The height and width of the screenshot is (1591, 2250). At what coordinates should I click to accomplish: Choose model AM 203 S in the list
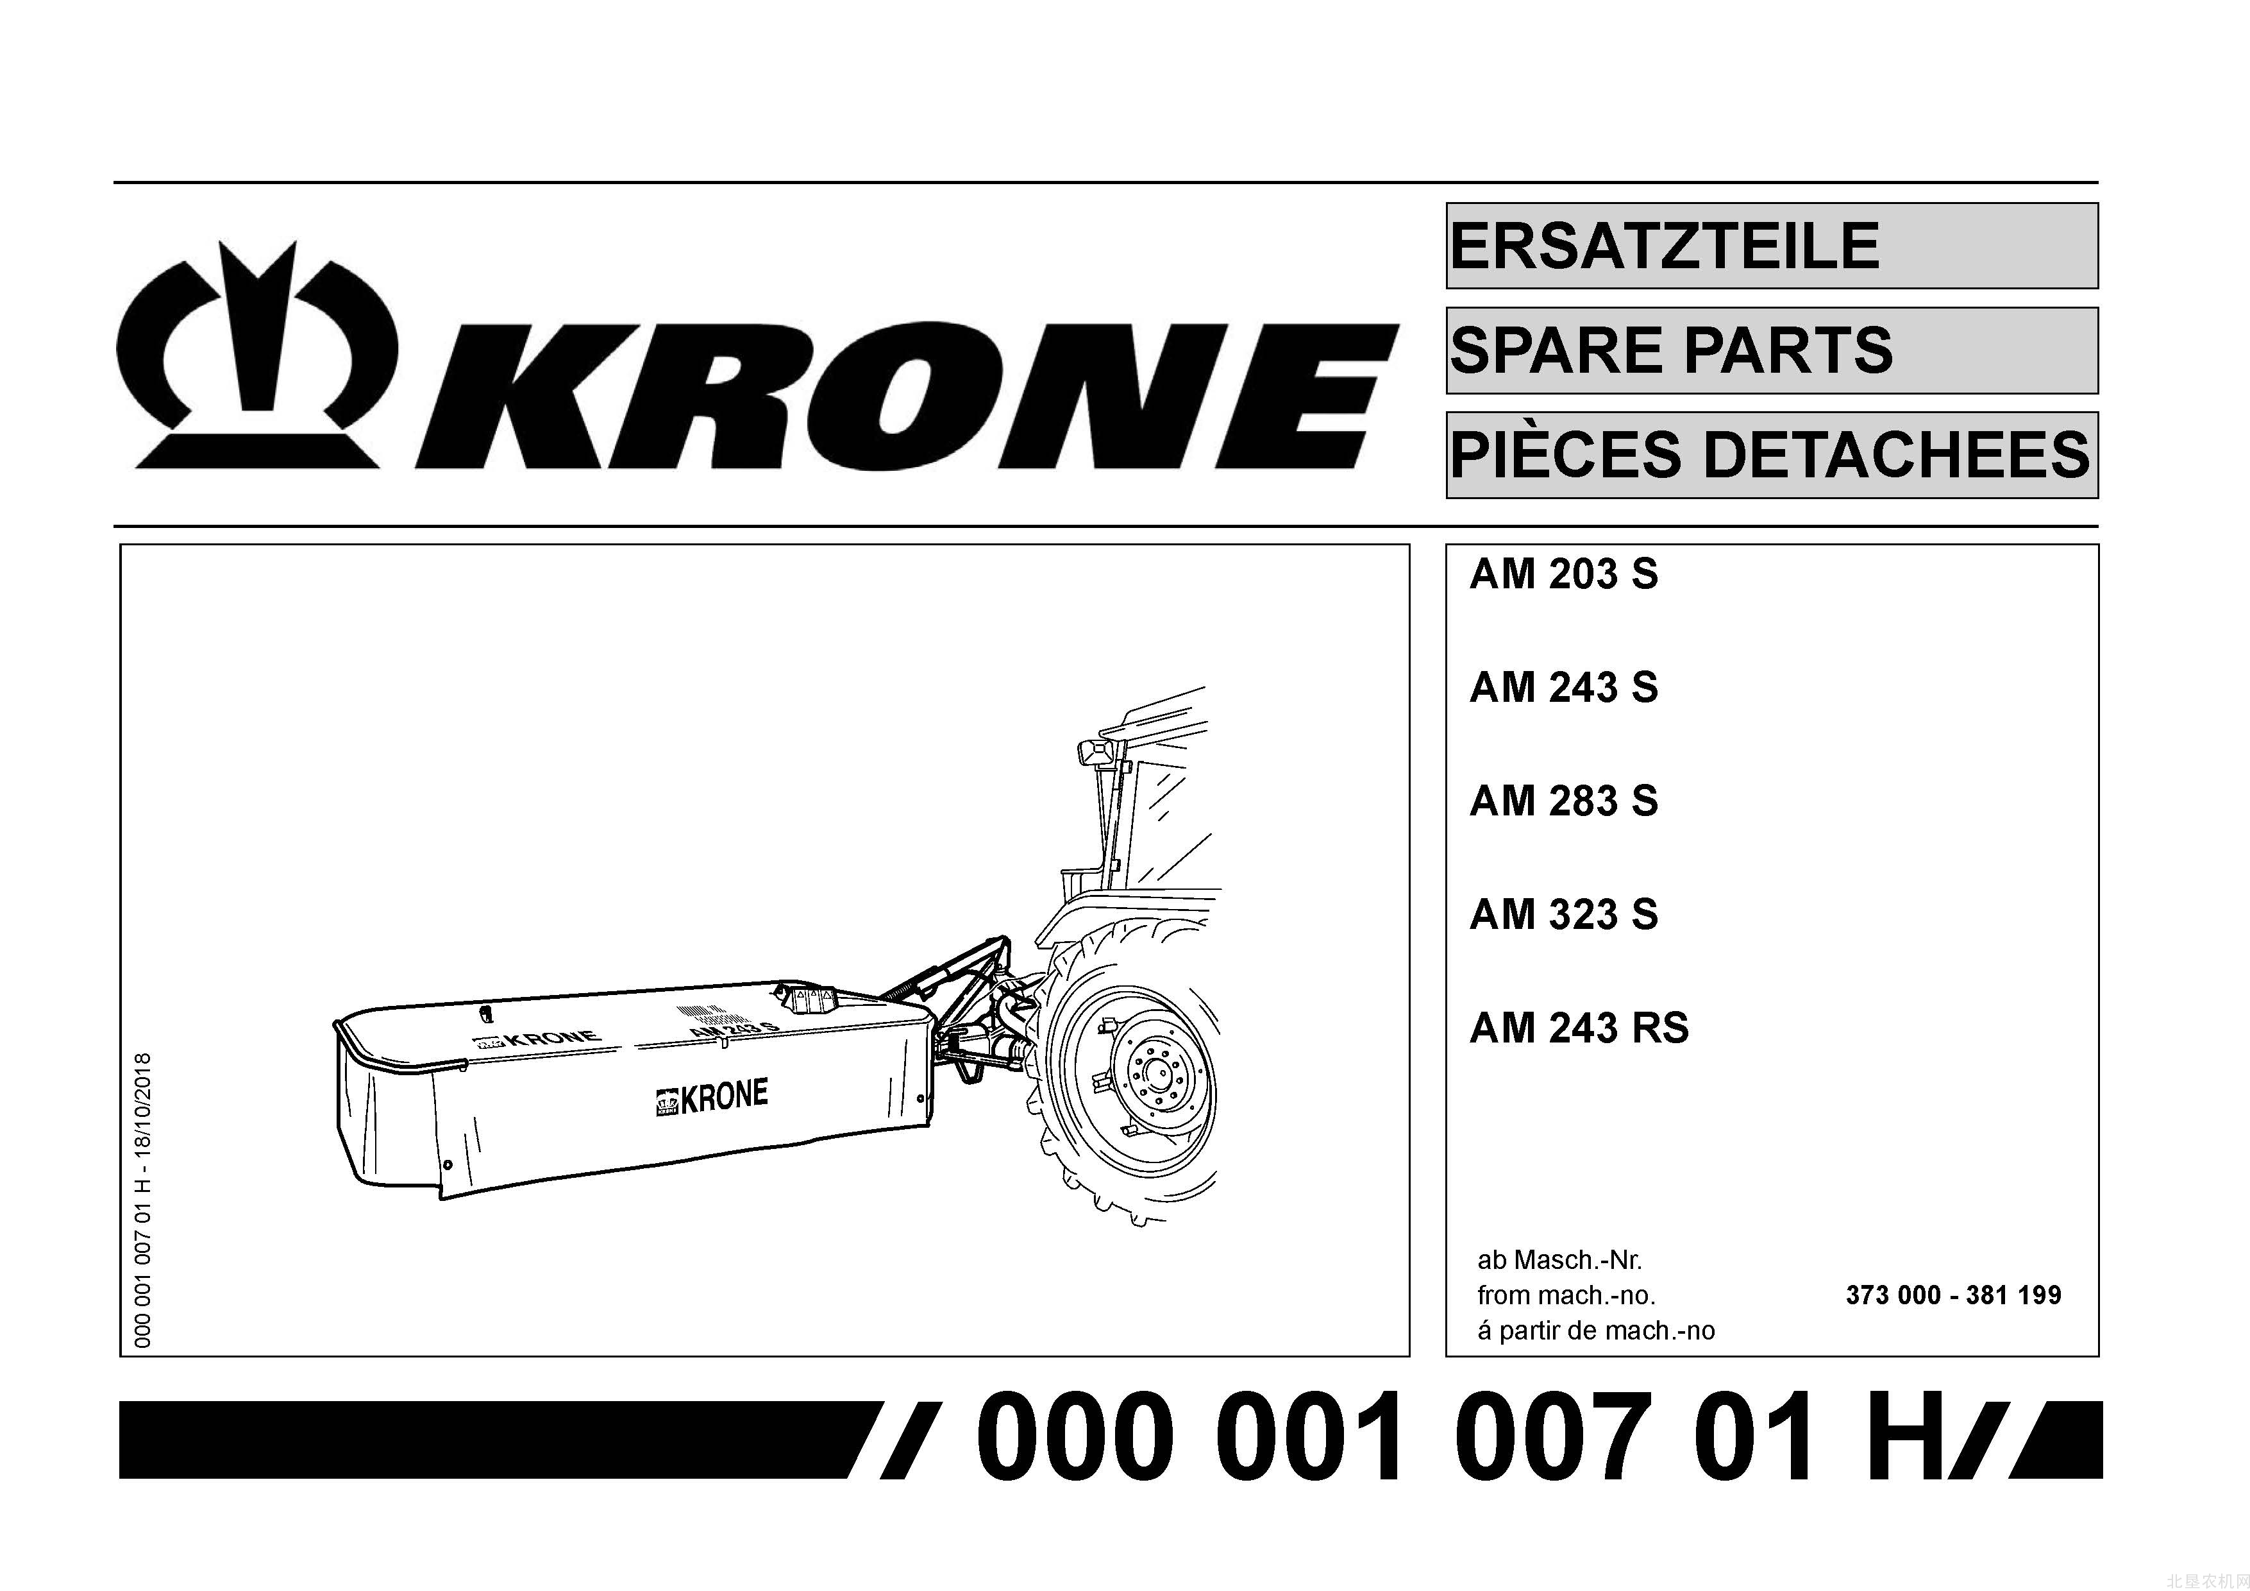1563,574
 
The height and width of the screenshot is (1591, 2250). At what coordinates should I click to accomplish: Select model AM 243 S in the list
1563,687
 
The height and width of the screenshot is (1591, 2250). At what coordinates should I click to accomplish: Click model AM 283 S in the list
1563,801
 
